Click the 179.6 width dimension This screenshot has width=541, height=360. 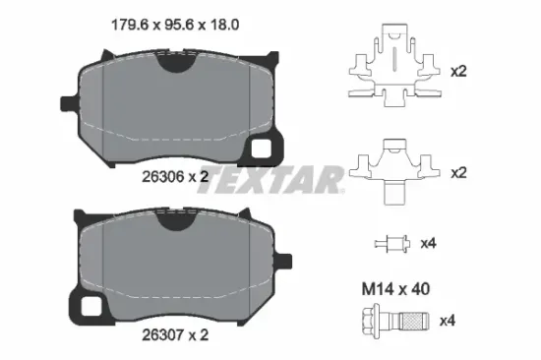(x=130, y=26)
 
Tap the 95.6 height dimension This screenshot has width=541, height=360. (x=178, y=26)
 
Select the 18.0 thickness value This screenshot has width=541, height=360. (x=223, y=26)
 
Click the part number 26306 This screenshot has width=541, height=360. (x=163, y=177)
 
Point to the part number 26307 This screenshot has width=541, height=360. (x=163, y=334)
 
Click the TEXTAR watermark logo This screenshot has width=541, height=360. (x=270, y=179)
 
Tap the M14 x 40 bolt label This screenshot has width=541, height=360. (x=395, y=289)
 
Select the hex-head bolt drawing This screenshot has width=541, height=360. (x=395, y=322)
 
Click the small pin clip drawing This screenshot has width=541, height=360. (x=392, y=244)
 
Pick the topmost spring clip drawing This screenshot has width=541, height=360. (x=394, y=66)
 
